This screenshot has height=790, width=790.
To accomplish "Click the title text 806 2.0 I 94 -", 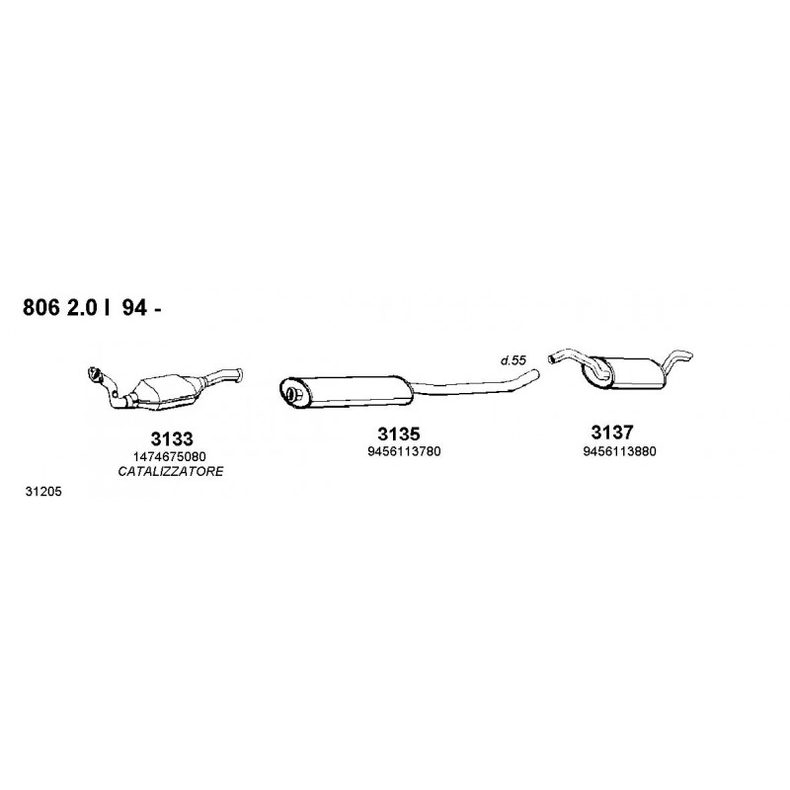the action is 92,308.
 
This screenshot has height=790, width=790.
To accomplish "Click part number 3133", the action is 172,438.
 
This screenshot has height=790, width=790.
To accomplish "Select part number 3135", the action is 399,434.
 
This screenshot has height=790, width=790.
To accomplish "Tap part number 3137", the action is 611,433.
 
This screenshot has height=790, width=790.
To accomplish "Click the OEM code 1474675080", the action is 169,457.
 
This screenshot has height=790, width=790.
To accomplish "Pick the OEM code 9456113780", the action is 404,451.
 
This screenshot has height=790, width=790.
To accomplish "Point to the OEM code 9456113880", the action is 620,451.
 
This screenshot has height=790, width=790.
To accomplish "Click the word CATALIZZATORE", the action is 170,472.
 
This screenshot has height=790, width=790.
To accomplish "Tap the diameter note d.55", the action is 513,360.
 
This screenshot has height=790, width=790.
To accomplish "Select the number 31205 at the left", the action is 43,491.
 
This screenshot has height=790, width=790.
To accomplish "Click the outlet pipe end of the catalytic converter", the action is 239,374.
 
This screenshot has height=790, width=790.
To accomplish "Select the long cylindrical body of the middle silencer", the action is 347,391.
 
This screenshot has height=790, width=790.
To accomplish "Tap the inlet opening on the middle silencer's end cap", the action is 291,394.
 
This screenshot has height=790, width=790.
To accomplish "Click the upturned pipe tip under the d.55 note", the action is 535,373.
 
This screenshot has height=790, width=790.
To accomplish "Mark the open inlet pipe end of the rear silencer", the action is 552,358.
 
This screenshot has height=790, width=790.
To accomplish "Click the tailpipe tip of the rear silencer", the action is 687,355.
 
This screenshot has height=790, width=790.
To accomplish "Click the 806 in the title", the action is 40,308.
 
